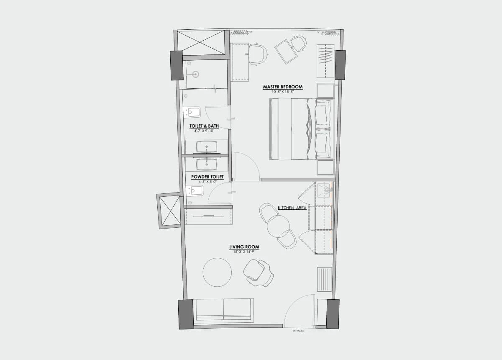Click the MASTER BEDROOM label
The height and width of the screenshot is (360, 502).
click(282, 87)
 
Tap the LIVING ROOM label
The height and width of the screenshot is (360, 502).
click(241, 247)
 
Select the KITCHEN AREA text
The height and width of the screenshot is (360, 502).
click(292, 208)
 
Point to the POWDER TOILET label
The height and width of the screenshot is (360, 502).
click(207, 177)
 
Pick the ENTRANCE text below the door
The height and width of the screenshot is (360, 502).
click(298, 331)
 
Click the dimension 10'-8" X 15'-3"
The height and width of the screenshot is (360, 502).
click(282, 92)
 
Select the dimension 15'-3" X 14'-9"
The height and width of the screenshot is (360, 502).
click(241, 252)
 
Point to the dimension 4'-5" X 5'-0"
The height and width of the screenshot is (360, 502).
click(207, 182)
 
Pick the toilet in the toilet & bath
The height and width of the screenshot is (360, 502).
click(192, 113)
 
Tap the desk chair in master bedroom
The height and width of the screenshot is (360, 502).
click(257, 54)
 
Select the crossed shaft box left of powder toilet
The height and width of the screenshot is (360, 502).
click(169, 211)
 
